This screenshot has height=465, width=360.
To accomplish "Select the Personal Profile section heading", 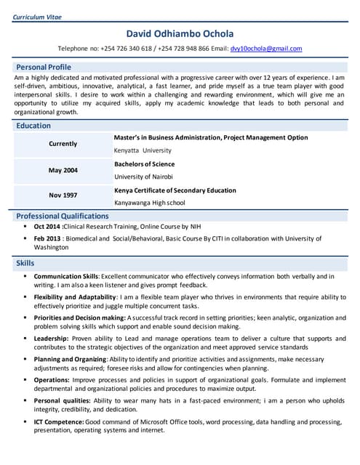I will [44, 67].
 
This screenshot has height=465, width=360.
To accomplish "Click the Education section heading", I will [33, 126].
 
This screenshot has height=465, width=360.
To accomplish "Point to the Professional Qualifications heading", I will [63, 216].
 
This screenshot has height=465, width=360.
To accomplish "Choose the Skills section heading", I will [25, 263].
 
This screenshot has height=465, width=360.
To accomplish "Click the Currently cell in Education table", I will [63, 144].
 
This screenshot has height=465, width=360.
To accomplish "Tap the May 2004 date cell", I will [63, 170].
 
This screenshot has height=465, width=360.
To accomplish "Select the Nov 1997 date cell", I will [63, 195].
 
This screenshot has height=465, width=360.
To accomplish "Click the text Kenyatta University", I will [143, 150].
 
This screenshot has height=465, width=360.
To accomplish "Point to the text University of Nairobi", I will [144, 177].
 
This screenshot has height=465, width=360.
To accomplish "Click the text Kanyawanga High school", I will [150, 203].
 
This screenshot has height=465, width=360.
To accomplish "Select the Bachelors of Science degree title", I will [144, 164].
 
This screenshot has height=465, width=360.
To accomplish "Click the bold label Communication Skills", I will [65, 277].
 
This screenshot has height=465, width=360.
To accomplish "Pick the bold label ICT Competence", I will [58, 422].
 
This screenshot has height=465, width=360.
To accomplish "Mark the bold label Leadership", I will [51, 338].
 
